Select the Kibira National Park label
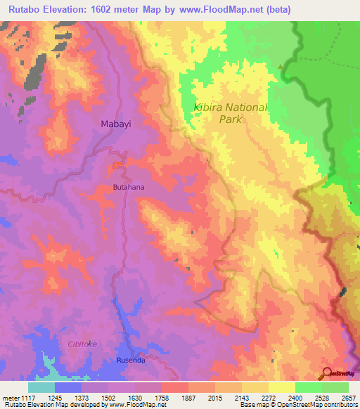coord(231,113)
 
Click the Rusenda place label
coord(132,361)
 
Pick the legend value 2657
coord(348,397)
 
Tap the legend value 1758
coord(162,397)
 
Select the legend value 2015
coord(215,397)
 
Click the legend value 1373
coord(82,397)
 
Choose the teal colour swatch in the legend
coord(41,387)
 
